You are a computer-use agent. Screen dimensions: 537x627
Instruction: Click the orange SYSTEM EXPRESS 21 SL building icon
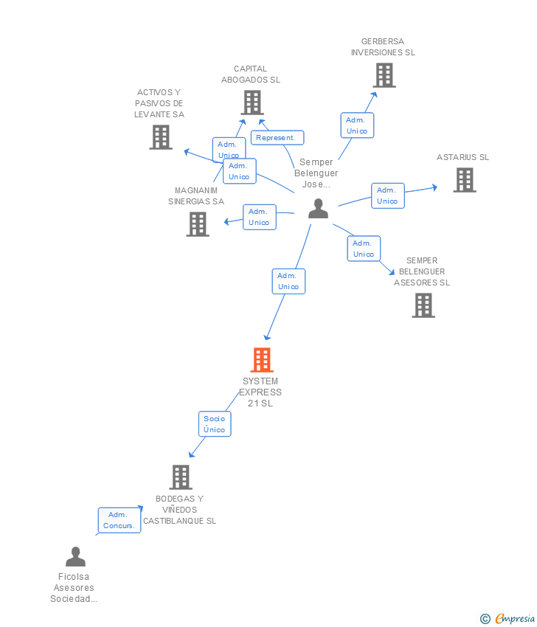(x=262, y=360)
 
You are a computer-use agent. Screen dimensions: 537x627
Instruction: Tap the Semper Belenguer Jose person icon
(x=318, y=209)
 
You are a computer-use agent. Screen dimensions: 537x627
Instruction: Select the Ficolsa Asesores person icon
(x=75, y=557)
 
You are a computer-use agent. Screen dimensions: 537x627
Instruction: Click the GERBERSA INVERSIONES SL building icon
(x=384, y=75)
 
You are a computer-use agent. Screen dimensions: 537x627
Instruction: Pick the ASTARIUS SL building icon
(x=464, y=180)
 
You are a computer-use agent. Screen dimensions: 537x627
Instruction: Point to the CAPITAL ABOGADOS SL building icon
(x=252, y=103)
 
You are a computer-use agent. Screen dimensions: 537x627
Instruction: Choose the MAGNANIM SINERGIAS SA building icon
(x=198, y=224)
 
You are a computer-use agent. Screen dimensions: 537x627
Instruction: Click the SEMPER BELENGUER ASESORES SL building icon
(x=423, y=305)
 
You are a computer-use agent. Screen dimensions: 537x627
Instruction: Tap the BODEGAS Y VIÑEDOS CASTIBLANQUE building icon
(x=181, y=477)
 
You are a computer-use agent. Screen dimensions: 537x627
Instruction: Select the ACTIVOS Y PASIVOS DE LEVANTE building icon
(x=161, y=137)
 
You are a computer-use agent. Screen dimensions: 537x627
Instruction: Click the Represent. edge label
(x=277, y=137)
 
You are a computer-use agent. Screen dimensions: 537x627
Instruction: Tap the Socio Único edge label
(x=215, y=424)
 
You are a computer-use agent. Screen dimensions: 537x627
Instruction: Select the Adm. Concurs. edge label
(x=119, y=520)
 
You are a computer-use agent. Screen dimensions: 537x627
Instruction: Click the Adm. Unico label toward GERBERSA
(x=357, y=125)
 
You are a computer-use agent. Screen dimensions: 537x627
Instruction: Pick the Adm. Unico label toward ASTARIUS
(x=387, y=195)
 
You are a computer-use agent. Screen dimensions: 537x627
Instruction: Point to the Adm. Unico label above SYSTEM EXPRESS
(x=288, y=281)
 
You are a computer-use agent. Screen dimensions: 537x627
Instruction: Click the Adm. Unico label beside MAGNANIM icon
(x=259, y=217)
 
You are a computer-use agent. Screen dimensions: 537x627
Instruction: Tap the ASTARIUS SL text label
(x=462, y=157)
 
